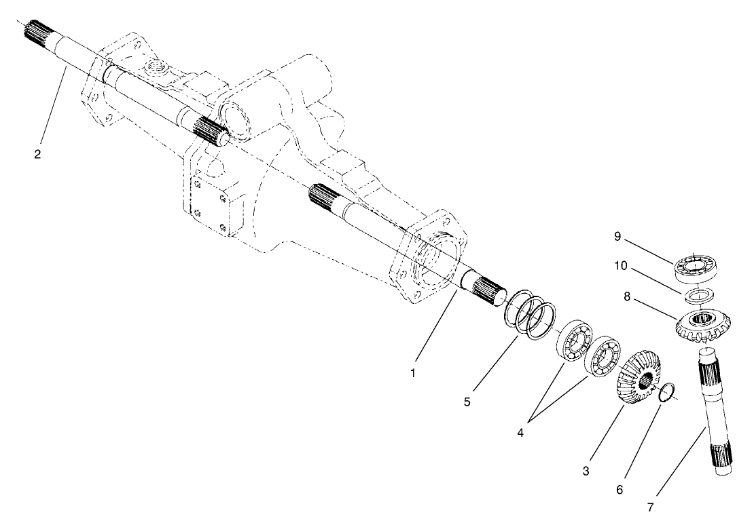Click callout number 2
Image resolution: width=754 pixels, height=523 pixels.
(x=37, y=154)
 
